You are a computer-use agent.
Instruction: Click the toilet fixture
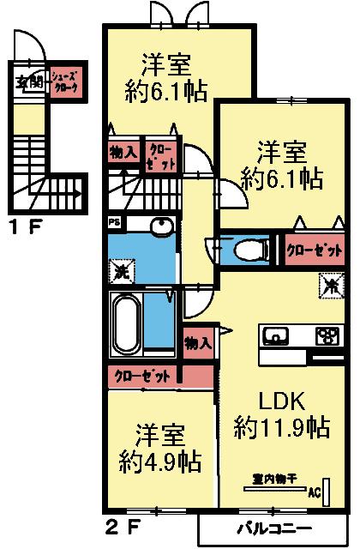(x=249, y=250)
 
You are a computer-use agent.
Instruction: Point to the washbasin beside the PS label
(x=160, y=226)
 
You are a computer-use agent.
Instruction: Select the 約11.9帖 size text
(x=283, y=426)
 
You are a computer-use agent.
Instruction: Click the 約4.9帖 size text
(x=160, y=462)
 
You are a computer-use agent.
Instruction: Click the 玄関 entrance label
(x=29, y=82)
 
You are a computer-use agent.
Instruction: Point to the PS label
(x=113, y=222)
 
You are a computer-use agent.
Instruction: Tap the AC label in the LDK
(x=313, y=494)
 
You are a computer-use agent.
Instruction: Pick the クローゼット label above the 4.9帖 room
(x=143, y=376)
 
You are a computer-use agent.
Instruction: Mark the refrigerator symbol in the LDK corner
(x=330, y=281)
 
